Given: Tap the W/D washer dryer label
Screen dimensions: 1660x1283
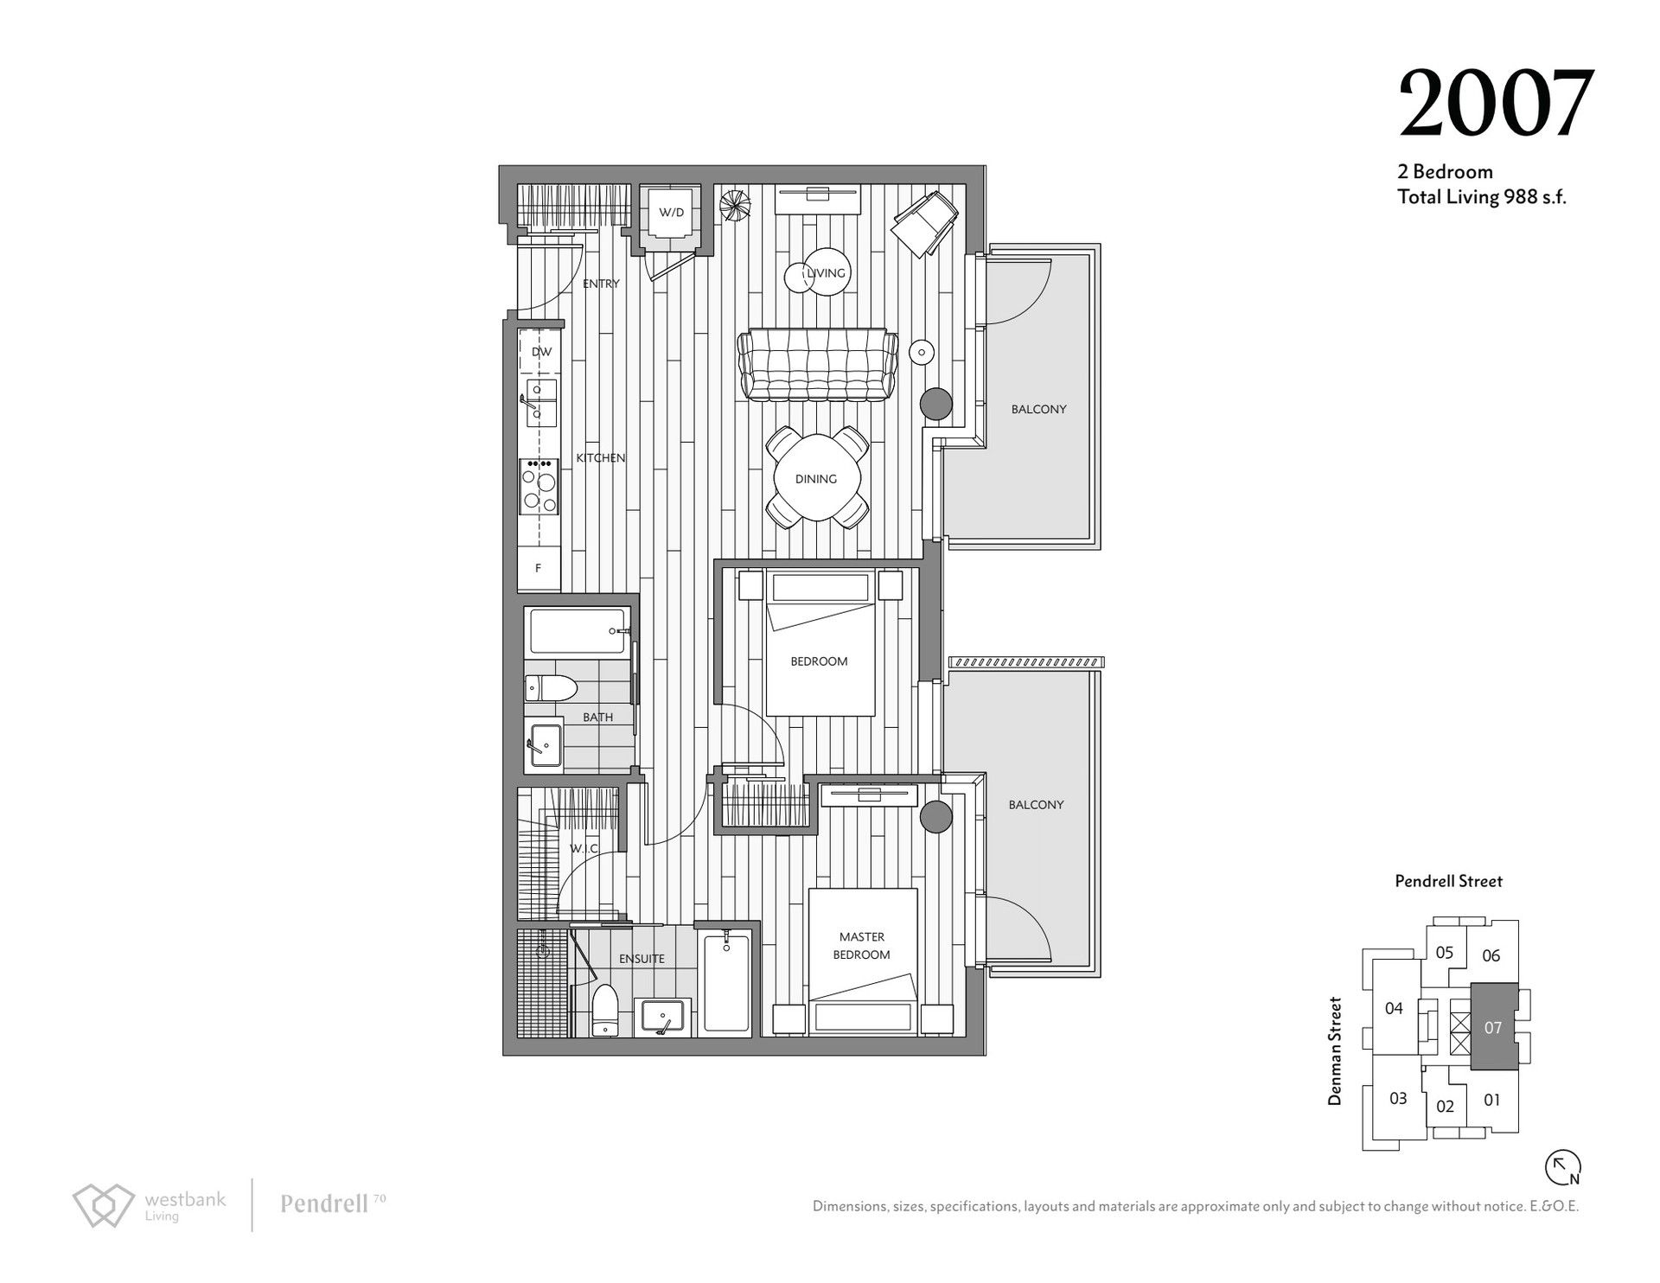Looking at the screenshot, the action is (x=671, y=212).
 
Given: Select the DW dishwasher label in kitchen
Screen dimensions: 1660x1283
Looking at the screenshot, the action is (x=541, y=352).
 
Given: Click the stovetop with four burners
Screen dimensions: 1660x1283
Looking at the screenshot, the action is (x=539, y=486).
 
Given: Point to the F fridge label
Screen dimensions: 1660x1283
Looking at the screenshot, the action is (x=538, y=568).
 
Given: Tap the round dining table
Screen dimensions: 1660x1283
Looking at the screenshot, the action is (x=816, y=478).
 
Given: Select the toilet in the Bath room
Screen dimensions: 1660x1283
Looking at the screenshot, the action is (x=551, y=688).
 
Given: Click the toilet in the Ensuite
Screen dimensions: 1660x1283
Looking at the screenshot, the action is (x=604, y=1010).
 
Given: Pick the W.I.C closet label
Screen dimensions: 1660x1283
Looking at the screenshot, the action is (x=584, y=849).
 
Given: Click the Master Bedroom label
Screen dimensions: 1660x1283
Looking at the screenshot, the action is (x=861, y=946).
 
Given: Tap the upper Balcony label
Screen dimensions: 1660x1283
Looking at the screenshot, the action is (x=1038, y=409).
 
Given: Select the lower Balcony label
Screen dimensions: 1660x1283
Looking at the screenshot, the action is (x=1036, y=804).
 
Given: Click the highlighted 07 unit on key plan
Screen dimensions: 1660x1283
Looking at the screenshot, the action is (x=1494, y=1027).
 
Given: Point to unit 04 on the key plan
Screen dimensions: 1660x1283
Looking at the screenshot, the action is (x=1394, y=1008).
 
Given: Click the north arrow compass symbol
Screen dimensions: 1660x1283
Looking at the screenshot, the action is (x=1563, y=1167).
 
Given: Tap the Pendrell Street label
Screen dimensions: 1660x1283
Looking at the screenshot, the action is (x=1448, y=881).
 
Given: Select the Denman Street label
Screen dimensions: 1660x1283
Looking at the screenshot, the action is (x=1335, y=1051).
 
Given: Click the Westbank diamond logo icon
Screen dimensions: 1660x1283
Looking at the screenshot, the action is (x=103, y=1205).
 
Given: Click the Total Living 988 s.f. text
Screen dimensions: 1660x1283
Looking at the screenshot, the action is (x=1482, y=197).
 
